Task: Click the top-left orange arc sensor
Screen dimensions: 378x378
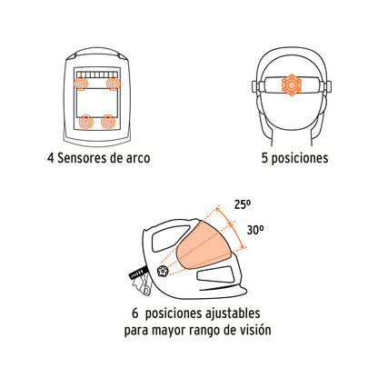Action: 80,85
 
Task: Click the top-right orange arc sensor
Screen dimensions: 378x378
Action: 113,85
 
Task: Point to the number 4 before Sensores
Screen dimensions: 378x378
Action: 52,156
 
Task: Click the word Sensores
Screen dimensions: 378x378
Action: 88,156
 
